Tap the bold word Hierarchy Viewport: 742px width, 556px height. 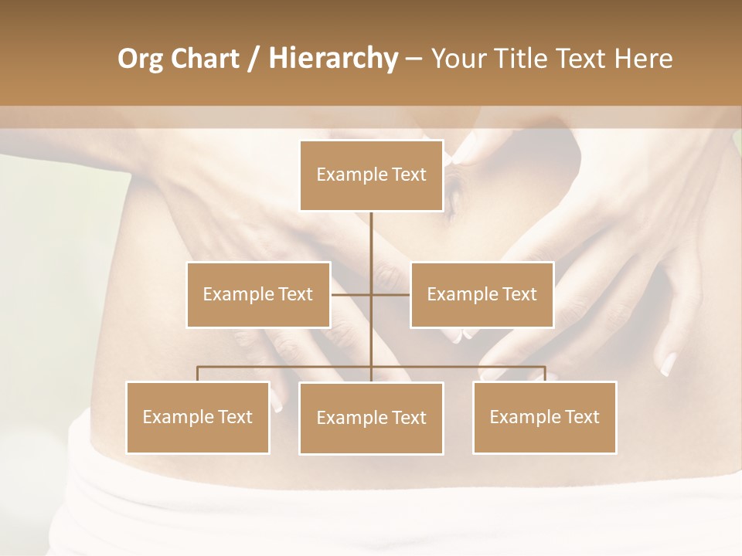pos(332,59)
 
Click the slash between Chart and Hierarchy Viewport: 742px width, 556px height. pos(254,59)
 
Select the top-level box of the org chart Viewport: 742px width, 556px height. pos(371,175)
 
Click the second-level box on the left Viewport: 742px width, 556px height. pos(258,294)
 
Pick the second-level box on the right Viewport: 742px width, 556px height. pos(482,294)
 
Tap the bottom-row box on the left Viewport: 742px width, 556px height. pos(197,417)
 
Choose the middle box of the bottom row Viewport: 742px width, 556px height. pos(371,418)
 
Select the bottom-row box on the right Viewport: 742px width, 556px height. pos(544,417)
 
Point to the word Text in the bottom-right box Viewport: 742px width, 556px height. pos(581,417)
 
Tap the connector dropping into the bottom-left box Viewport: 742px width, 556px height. pos(197,374)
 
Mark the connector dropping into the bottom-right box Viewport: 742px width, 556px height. pos(545,374)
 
